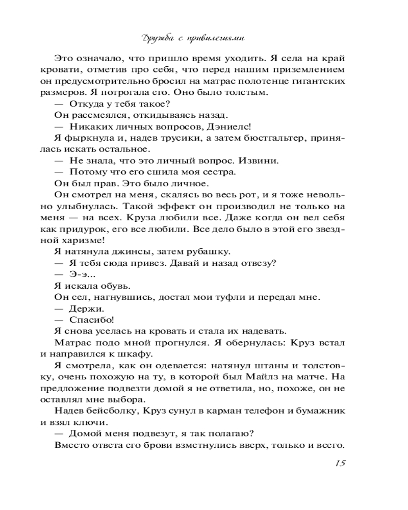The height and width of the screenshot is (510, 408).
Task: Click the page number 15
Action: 341,463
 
